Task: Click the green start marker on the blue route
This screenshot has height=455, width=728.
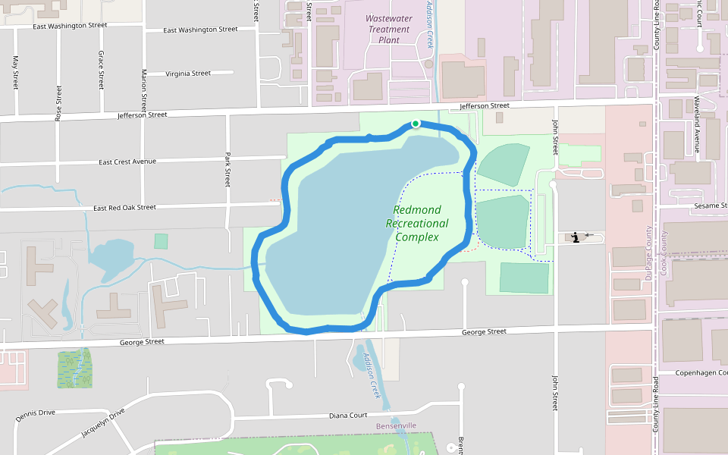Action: pyautogui.click(x=416, y=124)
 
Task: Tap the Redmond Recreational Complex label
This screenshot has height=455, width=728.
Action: pyautogui.click(x=416, y=223)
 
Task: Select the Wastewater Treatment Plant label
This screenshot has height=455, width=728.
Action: pyautogui.click(x=388, y=29)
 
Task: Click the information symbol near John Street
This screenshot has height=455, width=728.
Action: pyautogui.click(x=576, y=237)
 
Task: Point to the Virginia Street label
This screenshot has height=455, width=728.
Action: pyautogui.click(x=187, y=74)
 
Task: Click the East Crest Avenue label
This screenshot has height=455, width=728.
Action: pyautogui.click(x=127, y=162)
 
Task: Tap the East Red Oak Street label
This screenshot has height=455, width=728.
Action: pyautogui.click(x=124, y=207)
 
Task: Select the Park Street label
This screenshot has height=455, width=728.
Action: pyautogui.click(x=227, y=169)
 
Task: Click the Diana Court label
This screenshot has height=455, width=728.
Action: pyautogui.click(x=348, y=416)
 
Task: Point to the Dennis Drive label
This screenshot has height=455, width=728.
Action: pyautogui.click(x=35, y=414)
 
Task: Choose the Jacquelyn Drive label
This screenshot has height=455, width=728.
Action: pyautogui.click(x=102, y=424)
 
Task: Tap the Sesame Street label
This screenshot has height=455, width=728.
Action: pyautogui.click(x=708, y=206)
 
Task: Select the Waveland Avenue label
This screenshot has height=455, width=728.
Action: pyautogui.click(x=697, y=124)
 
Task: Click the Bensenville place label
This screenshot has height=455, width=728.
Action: pyautogui.click(x=396, y=426)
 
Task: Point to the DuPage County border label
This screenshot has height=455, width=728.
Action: pyautogui.click(x=648, y=253)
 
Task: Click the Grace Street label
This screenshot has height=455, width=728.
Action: pyautogui.click(x=101, y=70)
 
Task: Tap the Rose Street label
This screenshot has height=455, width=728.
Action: pyautogui.click(x=58, y=102)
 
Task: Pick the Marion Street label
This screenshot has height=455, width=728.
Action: pyautogui.click(x=143, y=90)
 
